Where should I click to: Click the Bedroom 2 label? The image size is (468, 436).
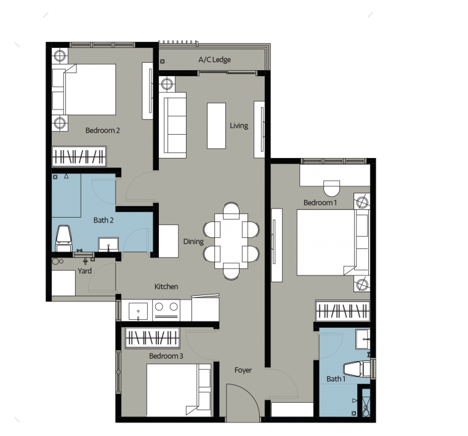pyautogui.click(x=102, y=130)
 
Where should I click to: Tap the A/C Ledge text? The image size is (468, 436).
pyautogui.click(x=214, y=60)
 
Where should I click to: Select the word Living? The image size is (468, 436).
pyautogui.click(x=239, y=125)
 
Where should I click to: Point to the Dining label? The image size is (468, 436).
pyautogui.click(x=193, y=242)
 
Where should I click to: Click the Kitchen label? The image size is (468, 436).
pyautogui.click(x=166, y=287)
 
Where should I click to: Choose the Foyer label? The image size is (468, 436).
pyautogui.click(x=243, y=370)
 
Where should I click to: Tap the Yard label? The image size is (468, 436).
pyautogui.click(x=84, y=271)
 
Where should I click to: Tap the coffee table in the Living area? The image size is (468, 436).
pyautogui.click(x=216, y=125)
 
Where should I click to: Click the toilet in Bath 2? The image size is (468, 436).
pyautogui.click(x=63, y=237)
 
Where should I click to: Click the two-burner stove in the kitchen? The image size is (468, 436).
pyautogui.click(x=166, y=309)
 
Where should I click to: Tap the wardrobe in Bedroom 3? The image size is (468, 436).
pyautogui.click(x=153, y=338)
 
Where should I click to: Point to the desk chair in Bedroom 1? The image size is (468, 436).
pyautogui.click(x=331, y=185)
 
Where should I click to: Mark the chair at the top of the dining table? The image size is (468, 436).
pyautogui.click(x=232, y=210)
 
